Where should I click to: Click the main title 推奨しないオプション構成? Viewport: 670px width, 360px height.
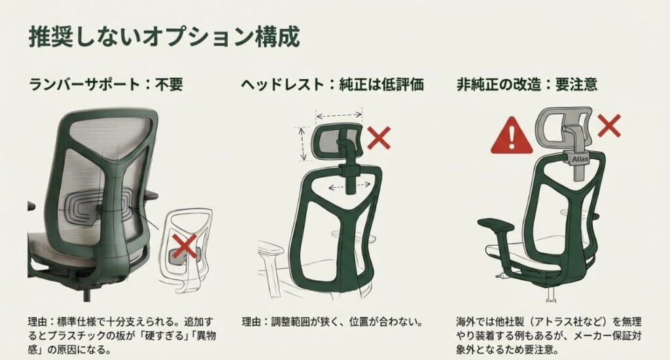tap(164, 37)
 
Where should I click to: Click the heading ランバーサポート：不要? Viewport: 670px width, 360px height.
tap(107, 85)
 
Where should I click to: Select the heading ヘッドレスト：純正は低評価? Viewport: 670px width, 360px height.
tap(332, 85)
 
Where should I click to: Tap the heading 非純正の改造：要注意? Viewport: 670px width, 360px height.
tap(527, 85)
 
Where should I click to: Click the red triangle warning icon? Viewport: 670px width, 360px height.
tap(512, 135)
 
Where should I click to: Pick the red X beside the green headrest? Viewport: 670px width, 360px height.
tap(379, 138)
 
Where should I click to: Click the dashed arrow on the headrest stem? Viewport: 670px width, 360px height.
tap(346, 186)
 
